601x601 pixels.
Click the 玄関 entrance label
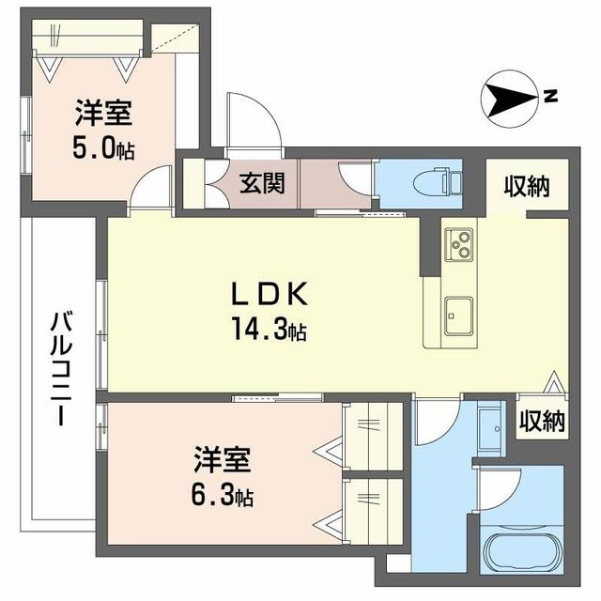pos(255,181)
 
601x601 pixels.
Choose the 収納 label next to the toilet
pos(525,187)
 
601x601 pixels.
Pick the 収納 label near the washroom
pos(541,422)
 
